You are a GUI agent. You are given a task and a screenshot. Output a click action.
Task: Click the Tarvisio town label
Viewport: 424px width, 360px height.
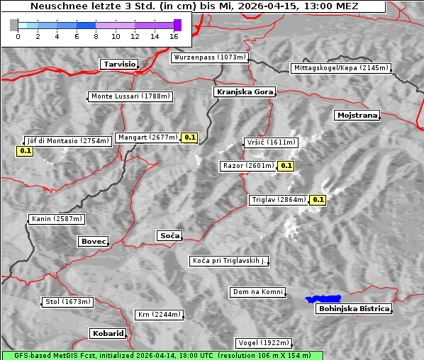tap(118, 64)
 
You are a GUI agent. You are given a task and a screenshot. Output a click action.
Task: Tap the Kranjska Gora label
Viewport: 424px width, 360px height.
tap(243, 92)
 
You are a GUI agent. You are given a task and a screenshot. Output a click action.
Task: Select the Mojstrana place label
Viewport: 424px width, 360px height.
tap(357, 115)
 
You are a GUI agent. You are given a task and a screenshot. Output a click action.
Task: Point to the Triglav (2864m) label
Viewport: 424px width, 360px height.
tap(279, 200)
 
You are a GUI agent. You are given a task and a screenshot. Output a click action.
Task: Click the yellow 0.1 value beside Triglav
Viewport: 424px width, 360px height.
tap(318, 200)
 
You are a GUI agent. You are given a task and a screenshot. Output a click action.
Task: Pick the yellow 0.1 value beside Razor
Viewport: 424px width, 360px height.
tap(286, 166)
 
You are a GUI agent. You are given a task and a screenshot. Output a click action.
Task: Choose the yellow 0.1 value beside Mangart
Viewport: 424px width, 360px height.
tap(189, 137)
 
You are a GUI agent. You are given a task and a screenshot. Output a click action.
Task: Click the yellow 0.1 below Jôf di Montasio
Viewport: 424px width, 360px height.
tap(25, 151)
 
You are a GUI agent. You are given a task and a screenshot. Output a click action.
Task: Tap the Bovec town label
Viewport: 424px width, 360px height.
tap(93, 242)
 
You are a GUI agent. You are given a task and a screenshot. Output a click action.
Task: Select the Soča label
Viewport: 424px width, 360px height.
tap(169, 235)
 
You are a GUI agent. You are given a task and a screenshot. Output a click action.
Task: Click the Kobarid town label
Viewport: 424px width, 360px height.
tap(108, 333)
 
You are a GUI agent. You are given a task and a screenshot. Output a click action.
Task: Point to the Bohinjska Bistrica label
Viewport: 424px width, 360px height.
tap(354, 308)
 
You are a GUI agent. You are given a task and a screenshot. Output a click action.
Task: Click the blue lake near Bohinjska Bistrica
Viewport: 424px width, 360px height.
tap(323, 299)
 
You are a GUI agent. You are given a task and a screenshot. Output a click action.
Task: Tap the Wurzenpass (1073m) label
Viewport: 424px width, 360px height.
tap(210, 57)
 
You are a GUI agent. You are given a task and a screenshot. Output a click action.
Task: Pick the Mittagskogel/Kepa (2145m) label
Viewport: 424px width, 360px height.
tap(340, 68)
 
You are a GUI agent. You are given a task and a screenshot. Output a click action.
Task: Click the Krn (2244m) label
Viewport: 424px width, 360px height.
tap(159, 314)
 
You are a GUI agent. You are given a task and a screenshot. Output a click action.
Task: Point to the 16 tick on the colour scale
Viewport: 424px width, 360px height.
tap(174, 35)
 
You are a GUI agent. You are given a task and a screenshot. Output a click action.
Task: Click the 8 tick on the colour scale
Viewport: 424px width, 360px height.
tap(96, 35)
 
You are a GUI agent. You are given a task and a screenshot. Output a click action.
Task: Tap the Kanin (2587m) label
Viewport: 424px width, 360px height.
tap(56, 219)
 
